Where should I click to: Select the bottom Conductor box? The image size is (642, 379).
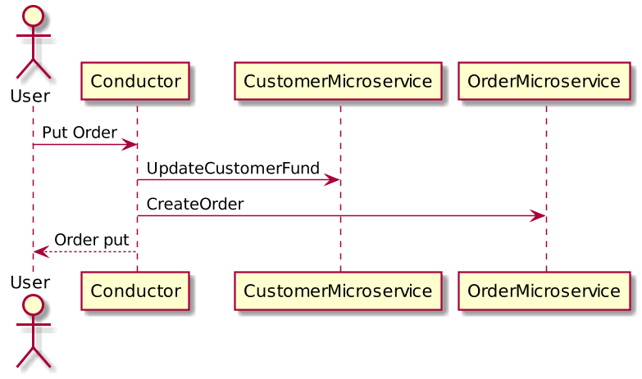(x=135, y=291)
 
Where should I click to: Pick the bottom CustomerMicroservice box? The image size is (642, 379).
(x=338, y=291)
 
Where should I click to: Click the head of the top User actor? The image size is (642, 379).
(x=33, y=16)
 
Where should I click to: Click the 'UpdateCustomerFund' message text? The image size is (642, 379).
(x=233, y=169)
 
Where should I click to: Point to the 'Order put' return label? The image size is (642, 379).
(x=91, y=240)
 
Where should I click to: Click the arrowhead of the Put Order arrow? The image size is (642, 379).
(x=130, y=145)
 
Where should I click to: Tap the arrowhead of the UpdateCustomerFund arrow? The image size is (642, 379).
(x=332, y=180)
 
